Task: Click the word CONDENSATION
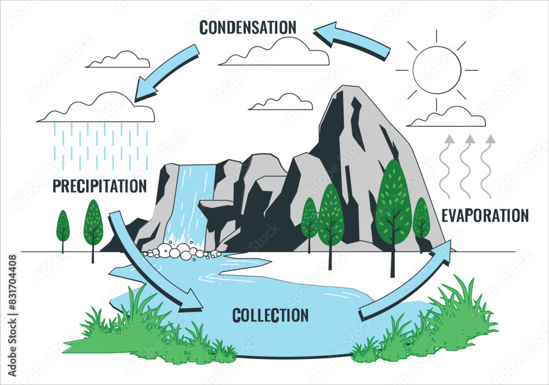click(x=248, y=26)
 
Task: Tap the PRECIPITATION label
click(x=99, y=186)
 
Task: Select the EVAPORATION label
click(x=485, y=215)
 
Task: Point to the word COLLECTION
click(x=270, y=315)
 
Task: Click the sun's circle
click(x=436, y=70)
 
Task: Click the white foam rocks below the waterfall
click(x=181, y=252)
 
